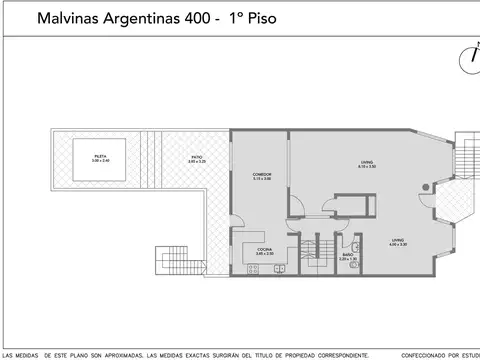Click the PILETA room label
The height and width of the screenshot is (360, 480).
100,158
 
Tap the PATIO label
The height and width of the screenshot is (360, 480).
200,158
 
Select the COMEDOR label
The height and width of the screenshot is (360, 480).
261,176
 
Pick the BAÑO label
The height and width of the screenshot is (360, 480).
346,257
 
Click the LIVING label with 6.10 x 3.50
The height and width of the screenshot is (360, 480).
367,164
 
